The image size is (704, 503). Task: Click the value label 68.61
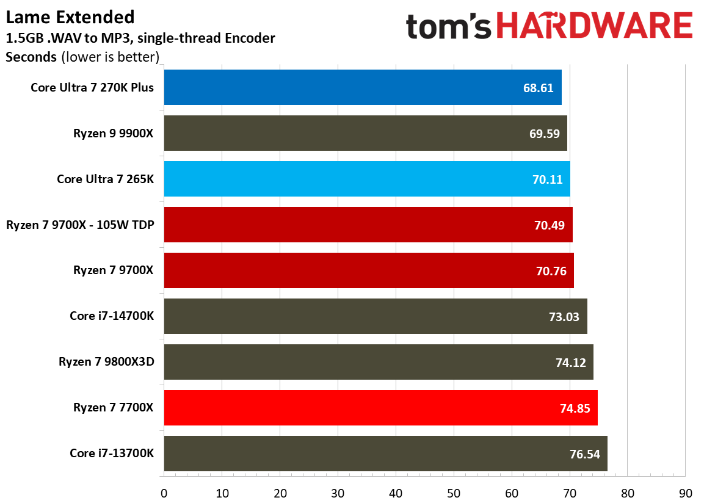click(538, 88)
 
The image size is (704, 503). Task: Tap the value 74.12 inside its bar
click(571, 363)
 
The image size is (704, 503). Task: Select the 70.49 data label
click(549, 225)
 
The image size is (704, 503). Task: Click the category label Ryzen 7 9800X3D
click(106, 362)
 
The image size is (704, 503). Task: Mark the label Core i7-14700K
click(112, 316)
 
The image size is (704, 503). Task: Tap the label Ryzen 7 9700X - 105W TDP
click(80, 225)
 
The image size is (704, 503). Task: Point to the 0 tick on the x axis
click(164, 492)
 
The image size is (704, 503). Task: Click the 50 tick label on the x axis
click(453, 492)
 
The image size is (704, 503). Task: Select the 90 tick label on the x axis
click(685, 492)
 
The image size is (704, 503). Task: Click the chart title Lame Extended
click(70, 16)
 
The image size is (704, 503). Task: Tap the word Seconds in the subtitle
click(31, 58)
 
